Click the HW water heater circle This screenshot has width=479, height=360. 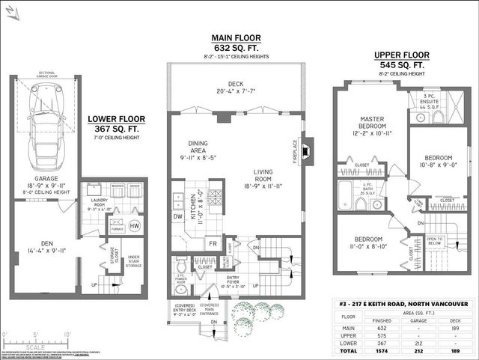(135, 225)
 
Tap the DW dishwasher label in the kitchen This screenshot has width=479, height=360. (177, 217)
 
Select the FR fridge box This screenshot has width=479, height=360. (212, 244)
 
